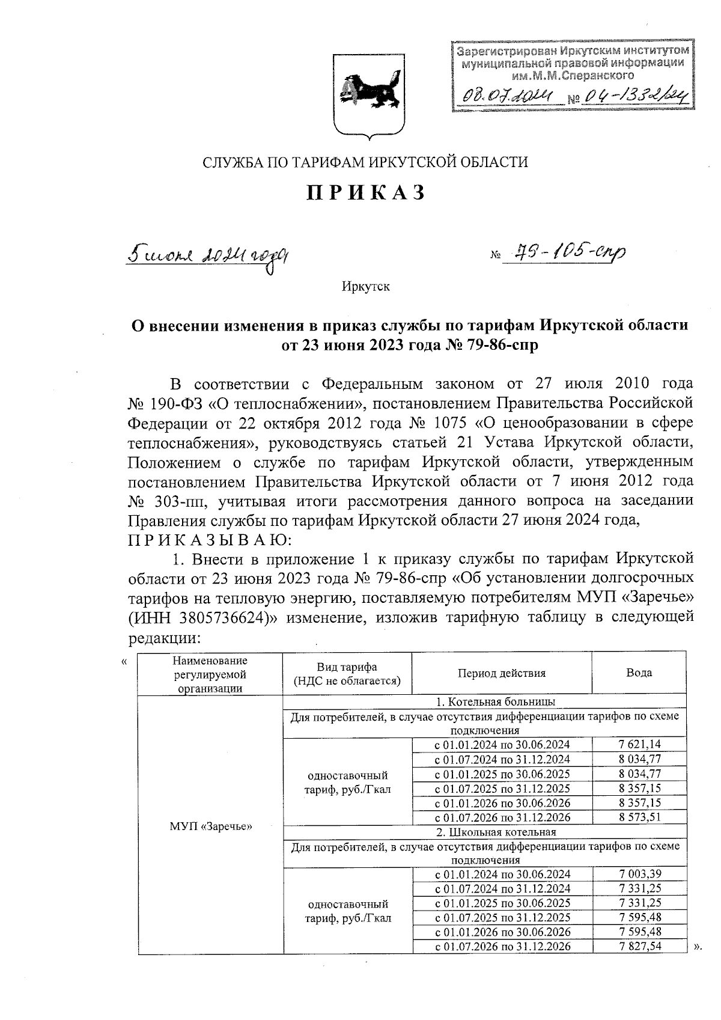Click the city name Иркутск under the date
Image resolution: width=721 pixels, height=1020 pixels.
[x=365, y=286]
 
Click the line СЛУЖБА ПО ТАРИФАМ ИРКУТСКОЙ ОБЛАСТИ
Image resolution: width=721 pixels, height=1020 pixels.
[x=365, y=162]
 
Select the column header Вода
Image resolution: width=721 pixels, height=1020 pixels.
[x=639, y=673]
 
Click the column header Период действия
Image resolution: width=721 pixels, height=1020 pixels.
[x=502, y=673]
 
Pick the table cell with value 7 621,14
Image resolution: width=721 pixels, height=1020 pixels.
[x=639, y=744]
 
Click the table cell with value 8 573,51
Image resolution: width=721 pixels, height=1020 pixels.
[x=639, y=817]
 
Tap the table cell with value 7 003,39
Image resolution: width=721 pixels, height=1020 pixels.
[x=639, y=874]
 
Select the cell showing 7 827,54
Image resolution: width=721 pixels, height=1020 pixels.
[x=639, y=946]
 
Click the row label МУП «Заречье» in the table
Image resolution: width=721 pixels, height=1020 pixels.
[x=210, y=826]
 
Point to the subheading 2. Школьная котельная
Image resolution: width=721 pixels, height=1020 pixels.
[x=496, y=832]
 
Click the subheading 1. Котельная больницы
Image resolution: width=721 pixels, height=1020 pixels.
[x=496, y=701]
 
